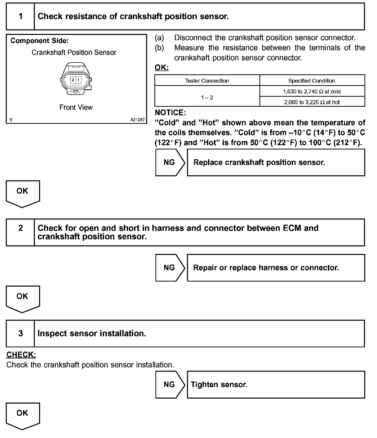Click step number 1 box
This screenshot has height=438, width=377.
[x=20, y=17]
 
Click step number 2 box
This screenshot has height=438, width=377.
[x=20, y=232]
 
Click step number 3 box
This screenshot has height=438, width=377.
[x=20, y=334]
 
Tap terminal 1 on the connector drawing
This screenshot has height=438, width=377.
[x=78, y=80]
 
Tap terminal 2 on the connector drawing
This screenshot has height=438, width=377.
[x=73, y=80]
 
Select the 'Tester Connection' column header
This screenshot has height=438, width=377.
[x=207, y=81]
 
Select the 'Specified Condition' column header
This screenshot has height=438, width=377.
[x=312, y=81]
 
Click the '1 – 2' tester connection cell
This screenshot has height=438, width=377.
[x=207, y=97]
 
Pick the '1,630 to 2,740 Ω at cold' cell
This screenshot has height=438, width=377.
[x=312, y=91]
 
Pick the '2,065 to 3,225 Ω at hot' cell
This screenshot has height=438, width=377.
[x=312, y=102]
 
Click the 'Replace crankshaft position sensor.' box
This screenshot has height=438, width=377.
[x=276, y=162]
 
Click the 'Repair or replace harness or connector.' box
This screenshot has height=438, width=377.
[x=276, y=268]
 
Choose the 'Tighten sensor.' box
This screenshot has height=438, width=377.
[x=276, y=385]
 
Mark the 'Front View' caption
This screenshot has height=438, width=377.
[x=76, y=107]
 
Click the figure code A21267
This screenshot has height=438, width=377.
[x=137, y=120]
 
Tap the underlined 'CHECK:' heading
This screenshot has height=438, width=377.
[x=21, y=355]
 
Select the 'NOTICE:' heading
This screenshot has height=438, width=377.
[x=170, y=113]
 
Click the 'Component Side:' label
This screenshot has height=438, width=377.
[x=40, y=41]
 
